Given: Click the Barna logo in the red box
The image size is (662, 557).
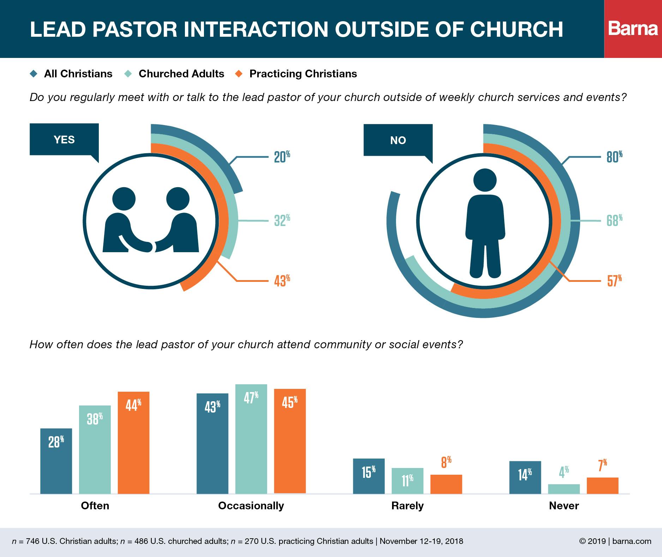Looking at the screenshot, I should click(x=633, y=29).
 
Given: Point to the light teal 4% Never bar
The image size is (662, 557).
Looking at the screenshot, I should click(x=564, y=489).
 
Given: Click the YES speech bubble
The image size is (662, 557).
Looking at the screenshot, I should click(x=64, y=140).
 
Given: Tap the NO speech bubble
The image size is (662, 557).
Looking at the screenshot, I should click(x=398, y=141).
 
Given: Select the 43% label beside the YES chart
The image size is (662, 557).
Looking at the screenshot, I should click(x=282, y=281).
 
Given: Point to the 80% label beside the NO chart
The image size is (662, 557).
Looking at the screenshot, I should click(x=614, y=156).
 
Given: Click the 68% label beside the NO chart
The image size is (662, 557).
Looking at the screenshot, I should click(x=614, y=220).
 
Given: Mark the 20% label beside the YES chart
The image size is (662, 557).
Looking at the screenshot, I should click(x=282, y=156).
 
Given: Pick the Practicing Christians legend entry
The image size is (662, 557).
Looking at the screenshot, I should click(x=303, y=74).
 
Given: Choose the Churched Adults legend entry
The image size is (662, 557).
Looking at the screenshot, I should click(x=181, y=74).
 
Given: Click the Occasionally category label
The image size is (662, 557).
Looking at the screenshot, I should click(x=251, y=506).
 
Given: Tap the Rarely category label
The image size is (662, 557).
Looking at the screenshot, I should click(x=407, y=506).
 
